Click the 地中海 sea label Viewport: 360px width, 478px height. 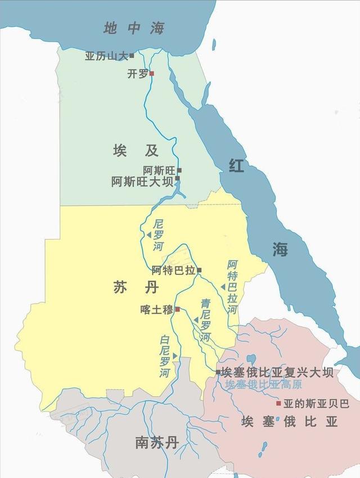point(133,29)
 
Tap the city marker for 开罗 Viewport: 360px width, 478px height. point(151,73)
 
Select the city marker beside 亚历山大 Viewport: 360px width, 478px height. point(132,55)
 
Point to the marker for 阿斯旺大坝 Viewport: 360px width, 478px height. point(177,178)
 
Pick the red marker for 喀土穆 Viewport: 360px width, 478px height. point(177,309)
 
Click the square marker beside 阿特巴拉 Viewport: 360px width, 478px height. point(199,270)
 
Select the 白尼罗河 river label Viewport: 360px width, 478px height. point(164,356)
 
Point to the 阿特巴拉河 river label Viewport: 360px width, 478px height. point(233,287)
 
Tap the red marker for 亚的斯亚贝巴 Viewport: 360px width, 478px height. point(278,403)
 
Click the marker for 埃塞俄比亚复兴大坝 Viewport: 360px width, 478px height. point(218,372)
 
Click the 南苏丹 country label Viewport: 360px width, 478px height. point(156,442)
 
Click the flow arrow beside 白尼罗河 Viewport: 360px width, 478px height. point(175,356)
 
